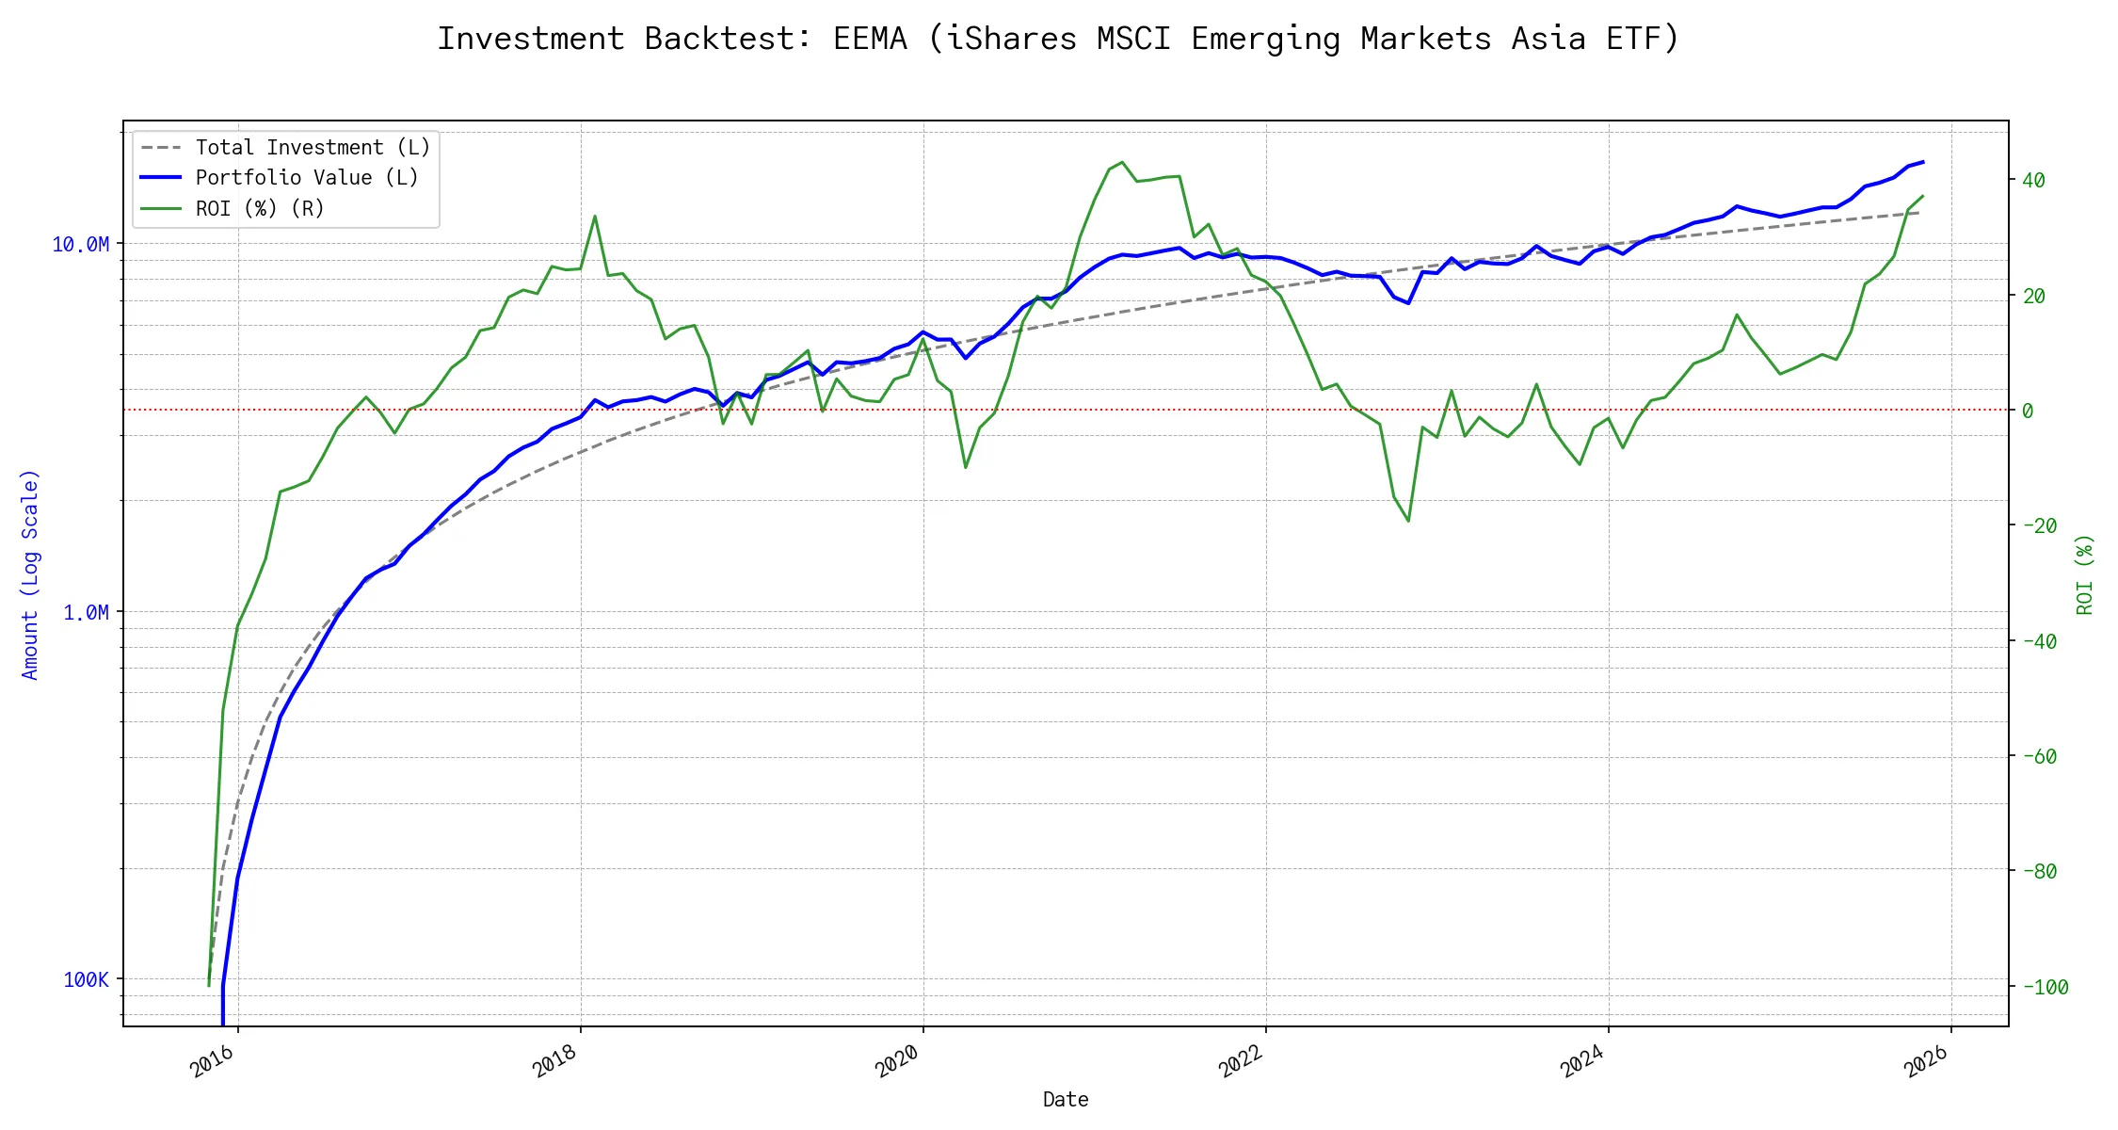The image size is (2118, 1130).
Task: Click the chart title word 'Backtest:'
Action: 728,40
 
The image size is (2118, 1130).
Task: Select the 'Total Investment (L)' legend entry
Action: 313,148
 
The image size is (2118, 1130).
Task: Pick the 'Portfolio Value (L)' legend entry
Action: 307,178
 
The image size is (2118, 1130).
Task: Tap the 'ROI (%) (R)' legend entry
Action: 260,209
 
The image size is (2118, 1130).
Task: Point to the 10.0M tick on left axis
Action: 80,245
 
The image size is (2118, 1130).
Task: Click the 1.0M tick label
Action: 86,613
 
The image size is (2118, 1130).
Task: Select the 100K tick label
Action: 86,980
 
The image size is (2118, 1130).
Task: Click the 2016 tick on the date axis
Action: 214,1062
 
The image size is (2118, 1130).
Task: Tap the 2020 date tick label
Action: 898,1062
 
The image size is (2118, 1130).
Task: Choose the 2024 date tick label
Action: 1583,1062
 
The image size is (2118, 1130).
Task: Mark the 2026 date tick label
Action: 1927,1062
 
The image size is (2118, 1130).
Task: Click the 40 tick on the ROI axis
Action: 2034,181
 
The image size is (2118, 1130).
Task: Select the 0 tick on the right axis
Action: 2028,412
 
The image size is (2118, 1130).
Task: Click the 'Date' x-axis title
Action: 1066,1100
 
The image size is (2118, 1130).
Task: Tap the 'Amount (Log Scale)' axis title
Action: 31,574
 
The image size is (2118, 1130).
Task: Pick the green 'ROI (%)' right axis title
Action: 2085,574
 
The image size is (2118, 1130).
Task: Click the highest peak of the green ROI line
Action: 1121,162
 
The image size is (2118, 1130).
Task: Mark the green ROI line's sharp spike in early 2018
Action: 595,217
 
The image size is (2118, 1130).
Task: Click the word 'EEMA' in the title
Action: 870,40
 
